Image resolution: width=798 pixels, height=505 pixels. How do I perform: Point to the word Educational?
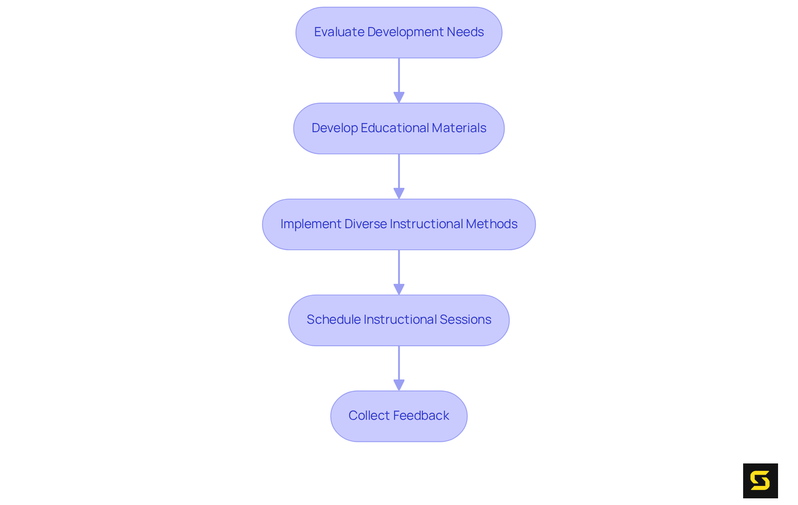pos(389,128)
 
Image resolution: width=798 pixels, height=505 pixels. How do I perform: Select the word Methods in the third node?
pos(492,224)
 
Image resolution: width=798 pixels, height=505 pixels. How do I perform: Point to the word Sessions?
pos(465,320)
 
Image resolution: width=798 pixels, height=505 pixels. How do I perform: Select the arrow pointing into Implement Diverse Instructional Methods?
pos(399,176)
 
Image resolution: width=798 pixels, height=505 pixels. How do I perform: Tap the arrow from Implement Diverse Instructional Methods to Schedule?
pos(399,272)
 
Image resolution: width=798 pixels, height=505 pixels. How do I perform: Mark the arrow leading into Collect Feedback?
pos(399,368)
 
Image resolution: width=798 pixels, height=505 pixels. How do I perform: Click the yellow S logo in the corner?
pos(760,481)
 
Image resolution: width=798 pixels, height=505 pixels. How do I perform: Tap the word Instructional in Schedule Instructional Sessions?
pos(400,320)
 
